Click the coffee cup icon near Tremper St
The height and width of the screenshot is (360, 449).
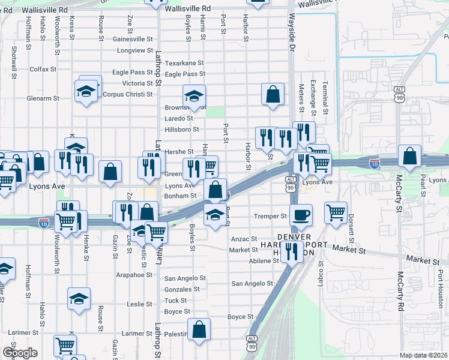(x=301, y=214)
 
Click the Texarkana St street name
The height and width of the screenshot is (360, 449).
(x=185, y=63)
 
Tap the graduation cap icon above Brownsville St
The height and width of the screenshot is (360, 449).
(x=194, y=96)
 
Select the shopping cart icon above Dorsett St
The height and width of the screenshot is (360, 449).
(x=336, y=211)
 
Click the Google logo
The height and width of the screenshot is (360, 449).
(x=20, y=353)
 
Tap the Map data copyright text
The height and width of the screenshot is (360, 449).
(x=424, y=355)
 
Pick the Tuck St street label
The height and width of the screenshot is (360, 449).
(x=175, y=301)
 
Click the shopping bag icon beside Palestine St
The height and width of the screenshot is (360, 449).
(x=199, y=329)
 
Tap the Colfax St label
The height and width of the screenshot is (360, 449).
(x=43, y=70)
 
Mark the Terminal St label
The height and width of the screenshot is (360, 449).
(x=325, y=98)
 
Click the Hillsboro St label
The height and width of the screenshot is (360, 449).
(x=182, y=130)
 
